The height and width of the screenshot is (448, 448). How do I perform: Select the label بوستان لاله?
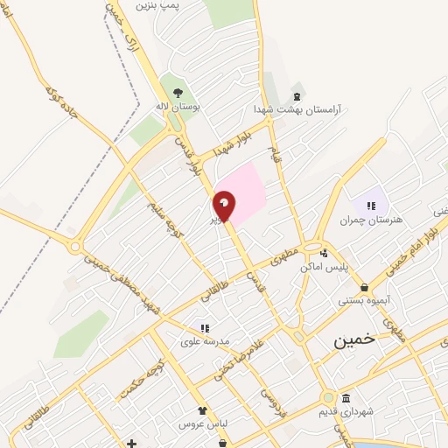tap(178, 106)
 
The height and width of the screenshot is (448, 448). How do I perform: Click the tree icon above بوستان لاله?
tap(178, 93)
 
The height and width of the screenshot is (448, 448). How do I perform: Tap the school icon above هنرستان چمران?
tap(371, 206)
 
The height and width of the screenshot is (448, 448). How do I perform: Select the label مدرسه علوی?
tap(203, 341)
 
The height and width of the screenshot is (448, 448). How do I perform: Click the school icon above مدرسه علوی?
tap(205, 328)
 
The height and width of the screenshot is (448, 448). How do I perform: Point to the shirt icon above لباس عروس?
tap(203, 410)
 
